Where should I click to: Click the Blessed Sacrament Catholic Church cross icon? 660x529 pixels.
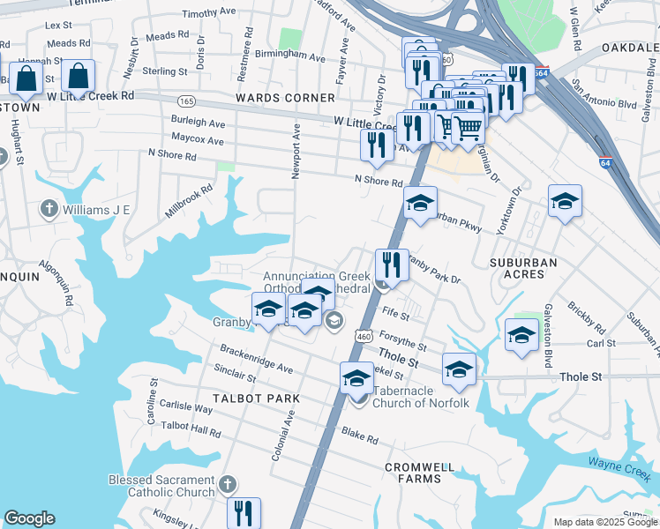[227, 484]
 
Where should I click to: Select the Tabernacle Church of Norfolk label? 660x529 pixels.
[416, 397]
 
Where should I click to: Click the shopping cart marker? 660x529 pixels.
[467, 129]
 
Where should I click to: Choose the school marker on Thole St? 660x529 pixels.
[458, 370]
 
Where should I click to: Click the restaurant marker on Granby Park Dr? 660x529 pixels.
[391, 264]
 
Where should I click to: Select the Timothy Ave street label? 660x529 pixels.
[211, 14]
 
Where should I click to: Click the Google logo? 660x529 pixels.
[29, 518]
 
